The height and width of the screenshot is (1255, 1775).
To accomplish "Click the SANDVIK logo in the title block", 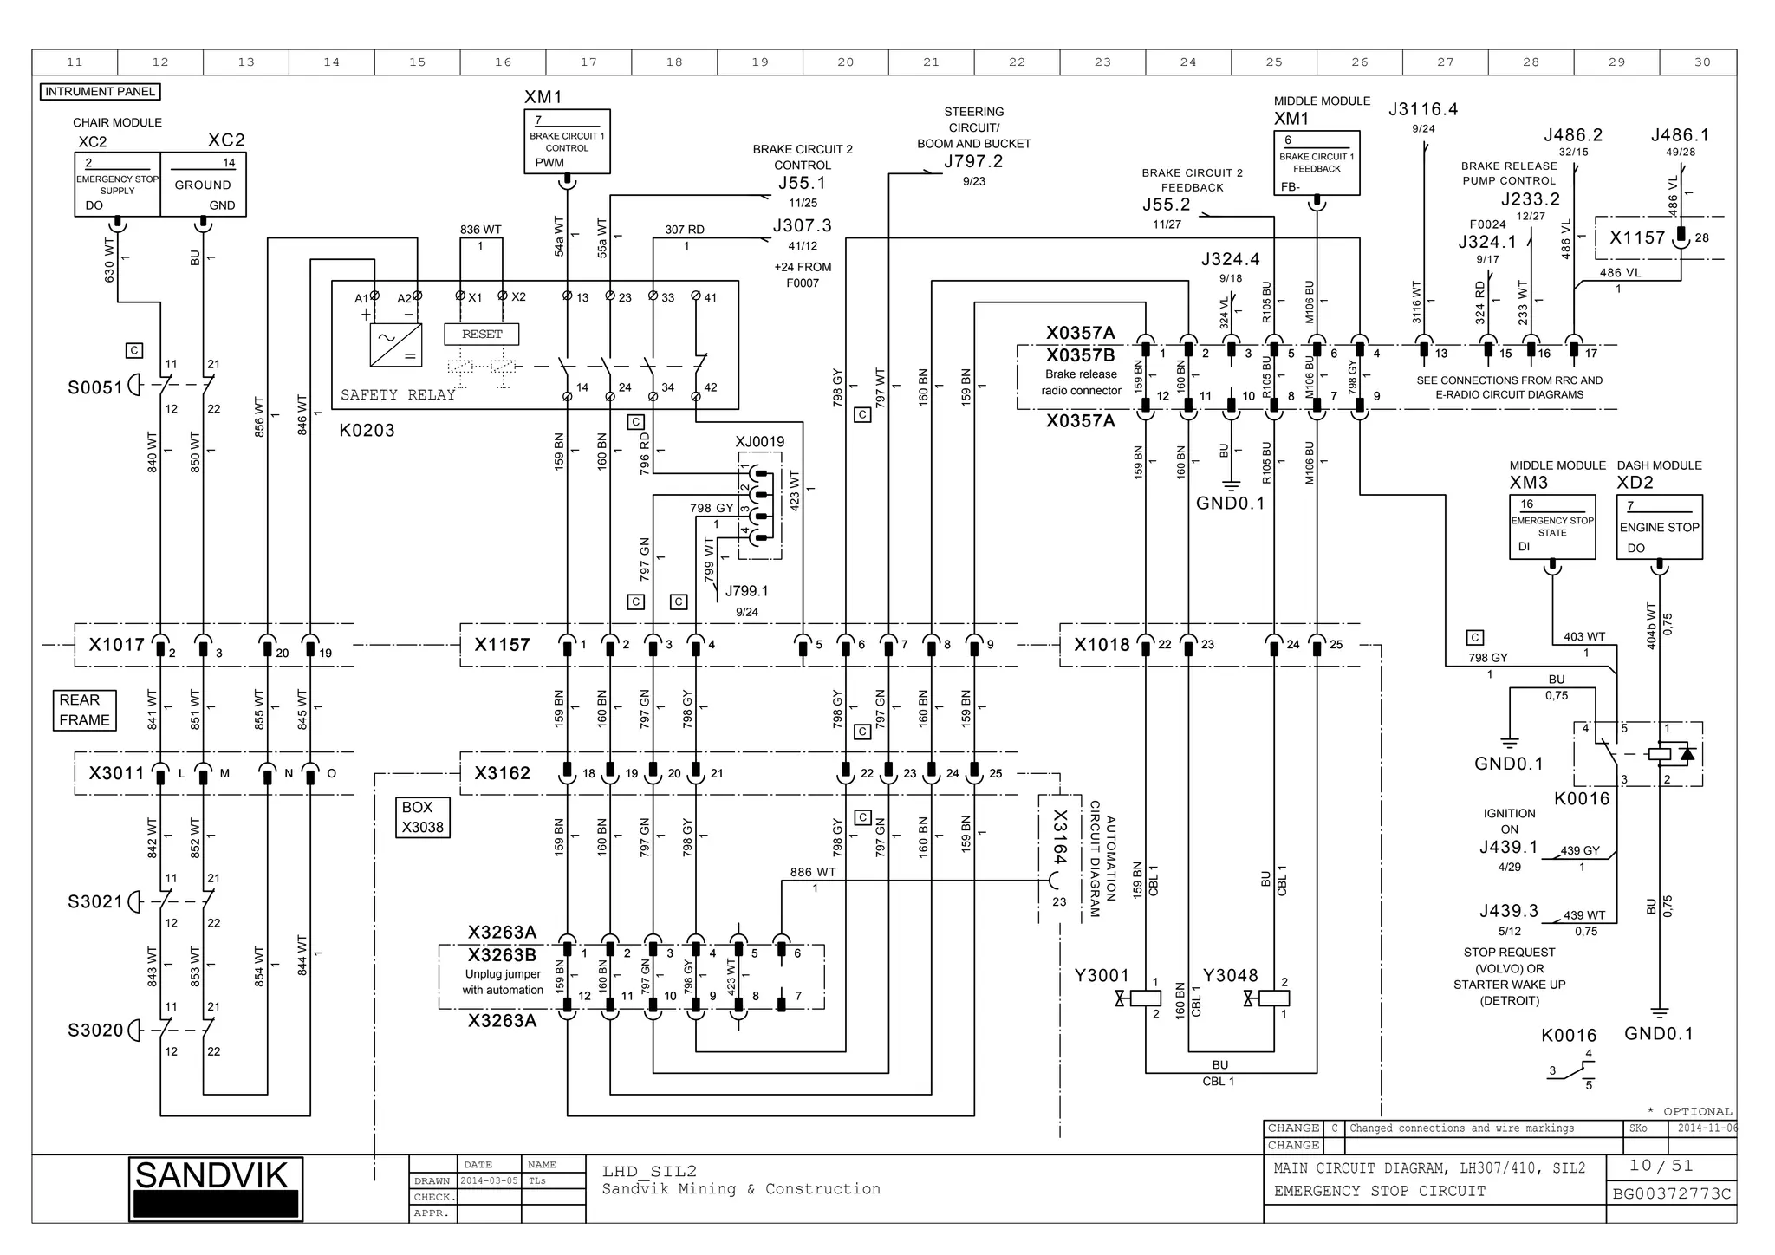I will [215, 1188].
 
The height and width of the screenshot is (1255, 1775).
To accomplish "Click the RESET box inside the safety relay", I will [481, 335].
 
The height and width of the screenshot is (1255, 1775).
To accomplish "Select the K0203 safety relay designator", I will [367, 431].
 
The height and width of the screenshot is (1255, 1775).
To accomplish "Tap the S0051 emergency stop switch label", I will [95, 387].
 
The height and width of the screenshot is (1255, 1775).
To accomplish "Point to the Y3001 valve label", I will [1101, 976].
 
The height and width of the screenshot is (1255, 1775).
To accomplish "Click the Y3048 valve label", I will [1230, 976].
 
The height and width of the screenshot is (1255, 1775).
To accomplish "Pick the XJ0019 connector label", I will [759, 442].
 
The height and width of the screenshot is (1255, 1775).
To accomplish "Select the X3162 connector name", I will [502, 773].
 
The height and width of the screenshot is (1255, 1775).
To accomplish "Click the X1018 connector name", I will [1102, 645].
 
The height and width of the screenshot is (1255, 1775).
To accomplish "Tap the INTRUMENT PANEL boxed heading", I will [100, 92].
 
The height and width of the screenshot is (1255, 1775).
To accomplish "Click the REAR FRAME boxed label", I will [84, 710].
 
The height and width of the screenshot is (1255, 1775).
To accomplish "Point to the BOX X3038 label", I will [422, 817].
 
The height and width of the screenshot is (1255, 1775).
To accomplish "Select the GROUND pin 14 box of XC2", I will [203, 185].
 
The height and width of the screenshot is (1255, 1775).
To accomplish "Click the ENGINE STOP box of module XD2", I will [1659, 527].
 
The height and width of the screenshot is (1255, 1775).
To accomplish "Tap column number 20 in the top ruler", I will [845, 62].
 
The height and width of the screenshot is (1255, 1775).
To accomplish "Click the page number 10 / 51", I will [1661, 1166].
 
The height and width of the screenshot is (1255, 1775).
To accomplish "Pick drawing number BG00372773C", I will [1671, 1194].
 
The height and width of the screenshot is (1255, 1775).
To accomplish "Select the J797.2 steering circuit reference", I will [972, 161].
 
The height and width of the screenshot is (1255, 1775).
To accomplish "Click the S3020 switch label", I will [95, 1031].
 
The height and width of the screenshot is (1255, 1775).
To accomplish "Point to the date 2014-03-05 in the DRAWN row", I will [489, 1180].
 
